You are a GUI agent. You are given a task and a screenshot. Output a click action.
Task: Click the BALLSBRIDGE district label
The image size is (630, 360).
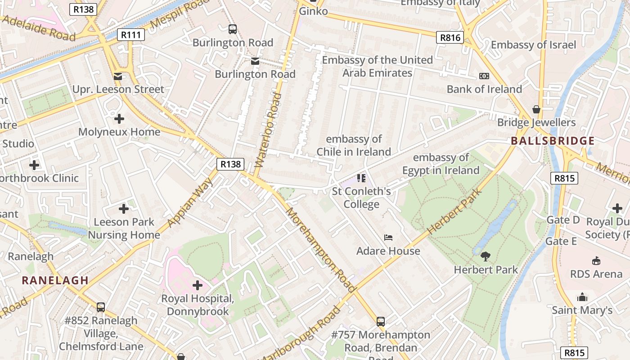point(553,141)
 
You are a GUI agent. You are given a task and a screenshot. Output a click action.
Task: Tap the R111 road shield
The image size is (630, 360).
point(130,35)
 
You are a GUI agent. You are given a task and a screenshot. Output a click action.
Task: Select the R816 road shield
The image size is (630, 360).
point(450,37)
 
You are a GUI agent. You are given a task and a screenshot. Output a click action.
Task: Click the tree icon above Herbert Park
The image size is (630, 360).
point(485,256)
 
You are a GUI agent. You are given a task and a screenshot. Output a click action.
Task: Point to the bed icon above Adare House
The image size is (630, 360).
point(388,237)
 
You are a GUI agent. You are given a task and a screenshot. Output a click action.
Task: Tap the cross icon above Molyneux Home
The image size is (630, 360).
point(119,119)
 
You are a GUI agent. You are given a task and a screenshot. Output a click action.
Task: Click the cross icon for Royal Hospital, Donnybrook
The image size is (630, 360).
point(198,285)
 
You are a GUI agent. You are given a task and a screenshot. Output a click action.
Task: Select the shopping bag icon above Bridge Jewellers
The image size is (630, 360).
point(536,109)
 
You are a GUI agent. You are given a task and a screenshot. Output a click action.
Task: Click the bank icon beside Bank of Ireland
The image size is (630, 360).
point(484,76)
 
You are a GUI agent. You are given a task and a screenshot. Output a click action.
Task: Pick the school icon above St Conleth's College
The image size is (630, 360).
point(361,178)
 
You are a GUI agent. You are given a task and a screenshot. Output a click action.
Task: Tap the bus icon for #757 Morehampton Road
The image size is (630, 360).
point(381,321)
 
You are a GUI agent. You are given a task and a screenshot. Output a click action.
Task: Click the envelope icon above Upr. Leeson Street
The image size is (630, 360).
point(118,76)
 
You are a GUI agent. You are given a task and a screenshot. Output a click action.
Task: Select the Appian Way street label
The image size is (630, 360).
point(190,202)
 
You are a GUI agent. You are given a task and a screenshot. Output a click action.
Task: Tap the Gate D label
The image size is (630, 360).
point(562,220)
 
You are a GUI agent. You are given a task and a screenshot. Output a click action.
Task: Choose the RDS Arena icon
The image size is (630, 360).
point(596,261)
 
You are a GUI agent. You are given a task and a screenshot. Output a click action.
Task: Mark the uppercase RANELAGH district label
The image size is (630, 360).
point(55,280)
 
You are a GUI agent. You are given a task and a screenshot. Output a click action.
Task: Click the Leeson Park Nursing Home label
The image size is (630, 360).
point(124,229)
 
